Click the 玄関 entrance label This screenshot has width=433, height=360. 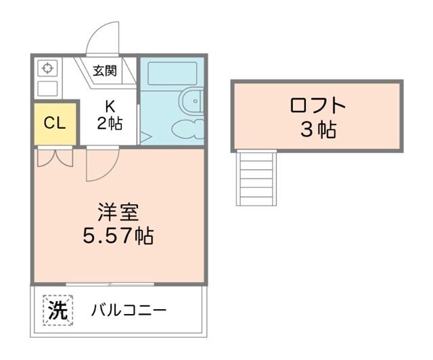tap(105, 70)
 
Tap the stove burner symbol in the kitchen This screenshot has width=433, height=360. tap(47, 68)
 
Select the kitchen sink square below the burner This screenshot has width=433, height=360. tap(47, 88)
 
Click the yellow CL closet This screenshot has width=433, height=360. tap(54, 123)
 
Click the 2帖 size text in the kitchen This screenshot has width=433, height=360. tap(109, 124)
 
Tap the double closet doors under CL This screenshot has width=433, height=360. tap(53, 158)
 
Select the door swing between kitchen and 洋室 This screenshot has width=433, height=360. tap(100, 164)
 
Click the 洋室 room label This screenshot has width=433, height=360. tap(118, 212)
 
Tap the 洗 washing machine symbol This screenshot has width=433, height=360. tap(58, 311)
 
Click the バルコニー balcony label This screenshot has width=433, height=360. tap(129, 311)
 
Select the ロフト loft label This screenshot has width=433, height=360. tap(317, 106)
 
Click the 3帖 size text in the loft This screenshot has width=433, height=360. tap(317, 129)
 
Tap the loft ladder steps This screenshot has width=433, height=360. tap(256, 177)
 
